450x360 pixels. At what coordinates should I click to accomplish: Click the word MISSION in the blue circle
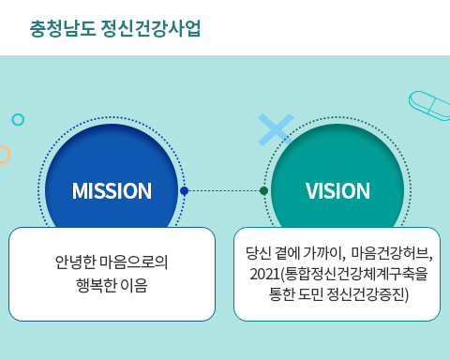(x=112, y=191)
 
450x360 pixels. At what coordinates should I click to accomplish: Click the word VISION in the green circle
(x=337, y=191)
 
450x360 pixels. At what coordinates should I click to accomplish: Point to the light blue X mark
(x=275, y=129)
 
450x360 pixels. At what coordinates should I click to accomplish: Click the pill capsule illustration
(x=429, y=106)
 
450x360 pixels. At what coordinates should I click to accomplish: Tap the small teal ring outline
(x=18, y=119)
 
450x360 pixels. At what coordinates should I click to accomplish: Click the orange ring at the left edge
(x=3, y=155)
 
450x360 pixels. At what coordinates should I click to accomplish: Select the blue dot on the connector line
(x=184, y=191)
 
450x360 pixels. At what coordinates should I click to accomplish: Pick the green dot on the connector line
(x=263, y=191)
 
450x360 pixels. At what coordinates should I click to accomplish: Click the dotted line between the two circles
(x=223, y=191)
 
